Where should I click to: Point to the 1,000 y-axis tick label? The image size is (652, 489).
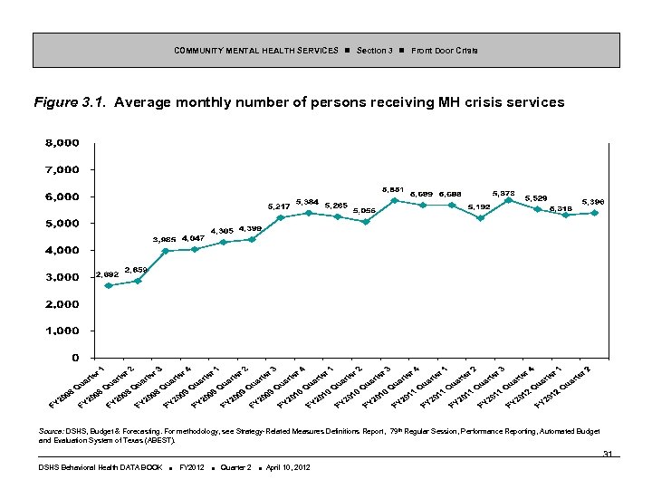pos(62,331)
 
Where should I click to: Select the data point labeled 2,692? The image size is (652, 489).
pos(109,285)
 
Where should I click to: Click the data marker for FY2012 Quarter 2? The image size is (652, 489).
pos(594,213)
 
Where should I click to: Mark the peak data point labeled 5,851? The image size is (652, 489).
pos(394,200)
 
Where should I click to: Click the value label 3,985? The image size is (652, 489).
pos(164,239)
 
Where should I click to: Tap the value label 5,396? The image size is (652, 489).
pos(593,201)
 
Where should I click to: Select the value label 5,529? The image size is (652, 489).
pos(535,197)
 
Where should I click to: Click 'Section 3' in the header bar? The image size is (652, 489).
pos(374,50)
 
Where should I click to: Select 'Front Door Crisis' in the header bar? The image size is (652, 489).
pos(445,50)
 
